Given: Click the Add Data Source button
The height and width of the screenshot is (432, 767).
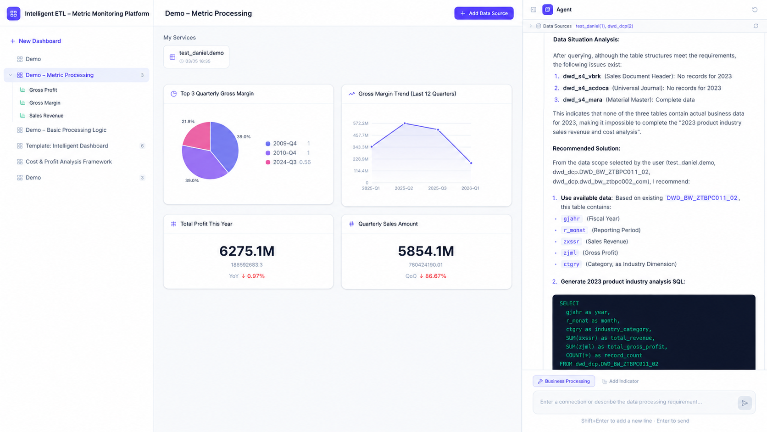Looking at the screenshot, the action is (x=484, y=13).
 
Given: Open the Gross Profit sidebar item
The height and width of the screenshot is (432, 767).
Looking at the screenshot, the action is (x=43, y=90).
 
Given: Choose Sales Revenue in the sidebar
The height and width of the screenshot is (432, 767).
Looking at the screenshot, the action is (x=46, y=116).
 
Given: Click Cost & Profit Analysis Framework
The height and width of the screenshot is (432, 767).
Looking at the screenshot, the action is (x=68, y=162).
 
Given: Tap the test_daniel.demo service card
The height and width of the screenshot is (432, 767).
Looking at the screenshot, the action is (x=196, y=57).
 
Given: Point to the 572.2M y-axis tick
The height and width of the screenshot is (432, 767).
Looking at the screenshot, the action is (x=361, y=123).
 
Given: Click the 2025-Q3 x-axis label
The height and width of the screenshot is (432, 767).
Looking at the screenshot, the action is (x=437, y=188).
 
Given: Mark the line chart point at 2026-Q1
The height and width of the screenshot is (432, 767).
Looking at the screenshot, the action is (x=471, y=163).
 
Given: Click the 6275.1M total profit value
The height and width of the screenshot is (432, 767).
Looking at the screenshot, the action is (x=247, y=251).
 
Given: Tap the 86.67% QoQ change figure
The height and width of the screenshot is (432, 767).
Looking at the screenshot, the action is (x=435, y=276).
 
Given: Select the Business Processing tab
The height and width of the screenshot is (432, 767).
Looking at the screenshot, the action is (x=564, y=382).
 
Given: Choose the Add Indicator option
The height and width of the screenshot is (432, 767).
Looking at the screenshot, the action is (x=621, y=382).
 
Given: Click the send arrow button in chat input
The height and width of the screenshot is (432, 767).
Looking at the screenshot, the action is (x=745, y=403).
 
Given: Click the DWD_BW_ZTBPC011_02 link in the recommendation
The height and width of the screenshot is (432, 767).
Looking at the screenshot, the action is (x=702, y=198).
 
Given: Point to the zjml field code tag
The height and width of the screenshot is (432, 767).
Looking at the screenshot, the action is (x=570, y=253).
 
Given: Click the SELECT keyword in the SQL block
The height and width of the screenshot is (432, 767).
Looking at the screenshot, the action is (x=569, y=303).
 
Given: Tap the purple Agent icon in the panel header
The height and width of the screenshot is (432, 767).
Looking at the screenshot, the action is (x=548, y=10).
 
